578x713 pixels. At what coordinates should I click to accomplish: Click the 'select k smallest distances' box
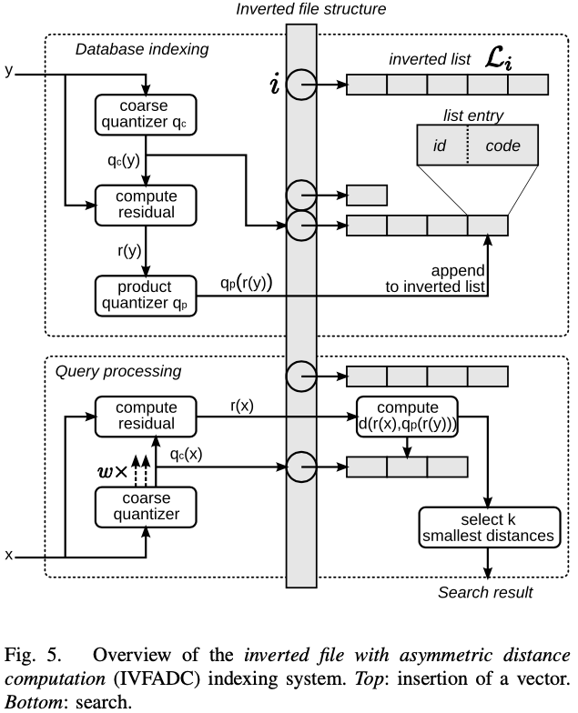pos(488,527)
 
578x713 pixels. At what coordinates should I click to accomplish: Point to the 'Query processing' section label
pos(118,371)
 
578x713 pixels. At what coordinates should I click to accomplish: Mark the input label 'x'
pos(9,554)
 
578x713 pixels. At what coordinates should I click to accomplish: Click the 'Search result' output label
pos(485,593)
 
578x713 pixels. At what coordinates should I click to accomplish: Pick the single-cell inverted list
pos(367,195)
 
